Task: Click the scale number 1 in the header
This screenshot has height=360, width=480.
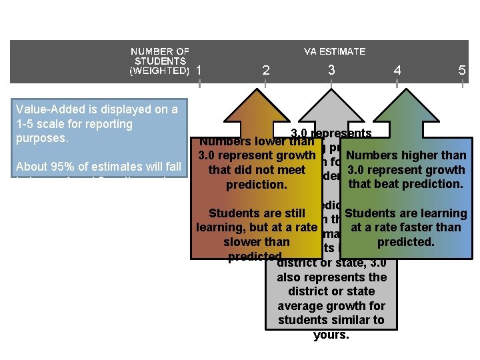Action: point(199,71)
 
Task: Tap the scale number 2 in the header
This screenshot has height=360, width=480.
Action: point(266,71)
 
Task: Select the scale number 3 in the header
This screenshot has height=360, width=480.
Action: point(331,70)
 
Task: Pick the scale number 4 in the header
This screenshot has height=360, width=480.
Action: point(397,71)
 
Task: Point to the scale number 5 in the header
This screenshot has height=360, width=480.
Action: point(462,71)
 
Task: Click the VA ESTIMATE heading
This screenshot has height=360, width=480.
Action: point(334,51)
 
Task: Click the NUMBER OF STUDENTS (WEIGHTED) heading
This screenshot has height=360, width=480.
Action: point(160,61)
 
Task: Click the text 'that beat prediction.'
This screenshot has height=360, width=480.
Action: point(405,183)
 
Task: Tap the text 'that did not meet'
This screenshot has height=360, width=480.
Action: point(257,170)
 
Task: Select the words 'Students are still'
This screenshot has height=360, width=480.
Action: point(257,213)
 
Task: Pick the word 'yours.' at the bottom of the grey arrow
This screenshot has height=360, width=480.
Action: point(331,335)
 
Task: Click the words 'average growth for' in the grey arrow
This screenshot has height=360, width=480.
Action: point(331,306)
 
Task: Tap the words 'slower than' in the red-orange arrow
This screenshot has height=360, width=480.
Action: point(257,242)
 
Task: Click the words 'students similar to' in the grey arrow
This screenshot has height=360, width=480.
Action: point(331,320)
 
